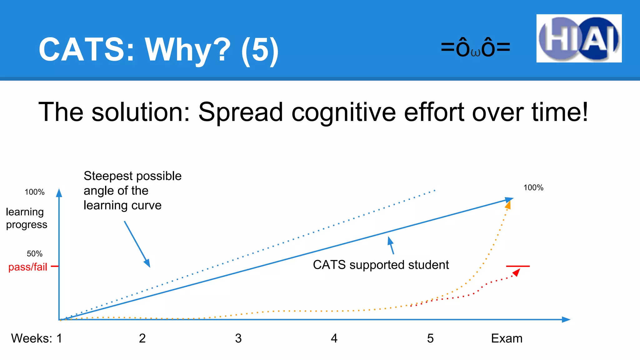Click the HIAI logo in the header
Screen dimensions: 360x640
579,38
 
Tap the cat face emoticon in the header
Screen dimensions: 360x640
475,48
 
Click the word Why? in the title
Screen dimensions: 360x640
187,49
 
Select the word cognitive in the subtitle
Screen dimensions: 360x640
343,112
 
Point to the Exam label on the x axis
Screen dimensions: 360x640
507,338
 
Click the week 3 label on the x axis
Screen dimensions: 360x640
238,338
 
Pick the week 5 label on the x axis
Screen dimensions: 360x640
430,338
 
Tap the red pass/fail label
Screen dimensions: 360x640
27,267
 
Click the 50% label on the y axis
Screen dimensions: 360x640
34,253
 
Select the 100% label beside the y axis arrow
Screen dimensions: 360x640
34,192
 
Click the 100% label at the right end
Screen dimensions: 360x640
533,187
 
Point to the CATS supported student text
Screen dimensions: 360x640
381,265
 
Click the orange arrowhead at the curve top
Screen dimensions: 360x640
508,205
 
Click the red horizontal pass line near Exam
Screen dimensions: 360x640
518,266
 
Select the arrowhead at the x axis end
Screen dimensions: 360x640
566,319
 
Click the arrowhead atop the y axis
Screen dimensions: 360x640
59,193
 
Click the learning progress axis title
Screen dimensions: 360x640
26,218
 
